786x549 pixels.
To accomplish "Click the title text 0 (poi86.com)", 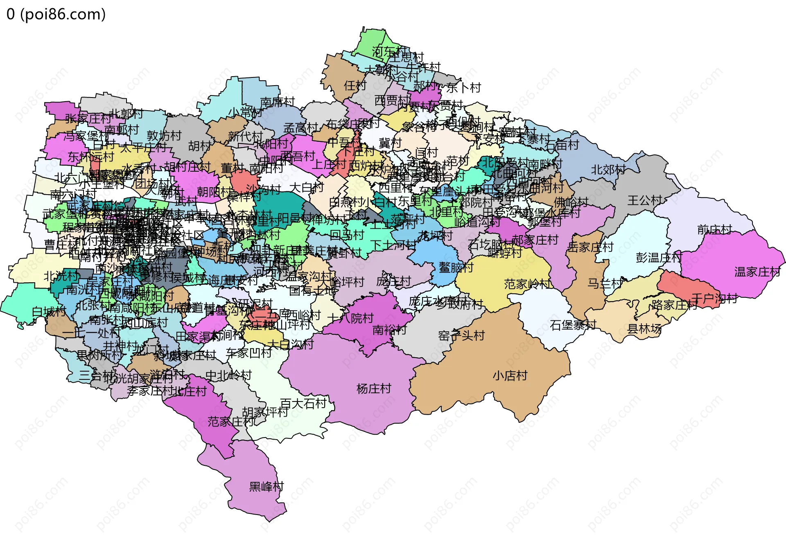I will pyautogui.click(x=56, y=14).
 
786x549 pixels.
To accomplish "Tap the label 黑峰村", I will pyautogui.click(x=266, y=487).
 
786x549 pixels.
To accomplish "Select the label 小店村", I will pyautogui.click(x=510, y=376).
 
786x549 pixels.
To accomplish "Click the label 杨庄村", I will pyautogui.click(x=374, y=388).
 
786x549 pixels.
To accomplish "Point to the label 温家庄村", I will pyautogui.click(x=757, y=272).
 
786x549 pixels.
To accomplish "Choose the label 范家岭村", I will pyautogui.click(x=527, y=284).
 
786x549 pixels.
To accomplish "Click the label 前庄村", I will pyautogui.click(x=714, y=230).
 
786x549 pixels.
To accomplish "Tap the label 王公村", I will pyautogui.click(x=644, y=200).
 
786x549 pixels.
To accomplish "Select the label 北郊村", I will pyautogui.click(x=608, y=170).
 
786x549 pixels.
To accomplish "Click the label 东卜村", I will pyautogui.click(x=463, y=88).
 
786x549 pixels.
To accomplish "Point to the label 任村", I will pyautogui.click(x=355, y=86).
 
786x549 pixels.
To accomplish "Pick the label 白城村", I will pyautogui.click(x=49, y=312).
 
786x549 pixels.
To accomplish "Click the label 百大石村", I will pyautogui.click(x=303, y=404).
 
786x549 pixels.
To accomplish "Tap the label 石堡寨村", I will pyautogui.click(x=573, y=325).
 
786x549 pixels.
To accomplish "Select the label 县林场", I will pyautogui.click(x=644, y=329).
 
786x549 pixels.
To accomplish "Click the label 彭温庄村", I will pyautogui.click(x=658, y=258).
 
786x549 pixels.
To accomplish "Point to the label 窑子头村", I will pyautogui.click(x=461, y=336).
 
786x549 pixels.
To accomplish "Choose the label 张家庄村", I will pyautogui.click(x=88, y=119).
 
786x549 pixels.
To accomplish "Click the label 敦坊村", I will pyautogui.click(x=164, y=136).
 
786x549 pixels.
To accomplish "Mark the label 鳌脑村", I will pyautogui.click(x=456, y=268).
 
